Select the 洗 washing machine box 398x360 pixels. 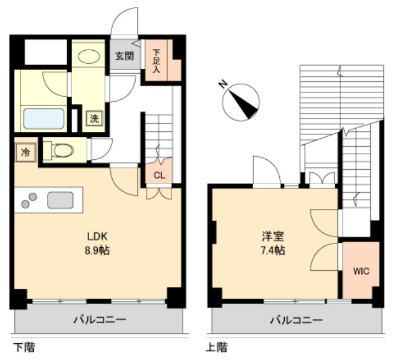coord(94,119)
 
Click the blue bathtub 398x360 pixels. coord(43,118)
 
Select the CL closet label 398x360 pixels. coord(159,175)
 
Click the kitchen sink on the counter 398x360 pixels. coord(60,200)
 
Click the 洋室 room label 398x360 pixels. coord(272,236)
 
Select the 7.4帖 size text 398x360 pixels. coord(272,251)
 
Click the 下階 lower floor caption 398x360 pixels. coord(24,347)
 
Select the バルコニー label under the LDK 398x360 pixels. coord(99,320)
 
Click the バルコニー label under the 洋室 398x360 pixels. coord(295,320)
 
